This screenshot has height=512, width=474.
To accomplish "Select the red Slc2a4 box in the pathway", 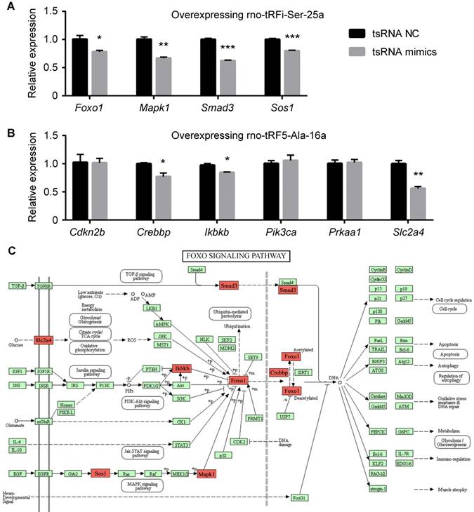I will click(44, 341).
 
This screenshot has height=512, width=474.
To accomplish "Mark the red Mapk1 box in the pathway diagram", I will click(206, 474).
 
